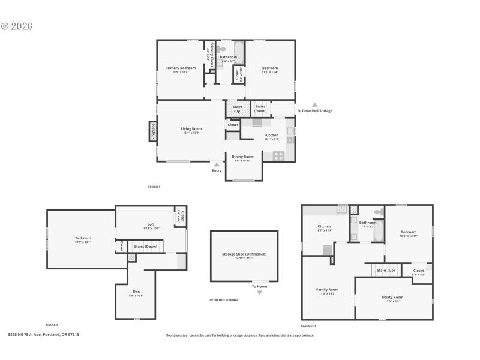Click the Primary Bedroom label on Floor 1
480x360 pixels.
pyautogui.click(x=180, y=68)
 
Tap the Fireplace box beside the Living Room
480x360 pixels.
pyautogui.click(x=153, y=131)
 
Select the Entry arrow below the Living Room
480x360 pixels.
pyautogui.click(x=217, y=164)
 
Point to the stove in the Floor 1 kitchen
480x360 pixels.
pyautogui.click(x=278, y=155)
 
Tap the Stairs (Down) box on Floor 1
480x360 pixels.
pyautogui.click(x=260, y=109)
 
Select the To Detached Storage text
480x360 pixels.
pyautogui.click(x=314, y=110)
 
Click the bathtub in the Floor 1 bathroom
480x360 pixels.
pyautogui.click(x=238, y=52)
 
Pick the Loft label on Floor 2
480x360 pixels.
pyautogui.click(x=151, y=224)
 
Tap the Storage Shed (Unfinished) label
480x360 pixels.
pyautogui.click(x=244, y=254)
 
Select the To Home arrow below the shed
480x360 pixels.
pyautogui.click(x=259, y=293)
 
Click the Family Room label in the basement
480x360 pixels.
pyautogui.click(x=327, y=290)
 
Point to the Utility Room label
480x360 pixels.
pyautogui.click(x=392, y=297)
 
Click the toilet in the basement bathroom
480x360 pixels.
pyautogui.click(x=378, y=212)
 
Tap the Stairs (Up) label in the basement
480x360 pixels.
pyautogui.click(x=385, y=271)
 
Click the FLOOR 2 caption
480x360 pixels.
pyautogui.click(x=52, y=325)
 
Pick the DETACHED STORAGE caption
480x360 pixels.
pyautogui.click(x=224, y=299)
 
